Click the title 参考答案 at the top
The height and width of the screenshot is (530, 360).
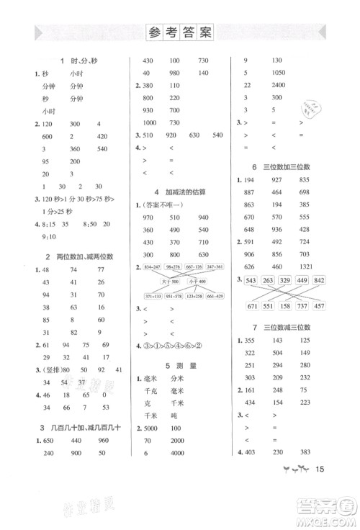[180, 32]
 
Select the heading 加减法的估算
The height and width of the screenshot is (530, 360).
[184, 191]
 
